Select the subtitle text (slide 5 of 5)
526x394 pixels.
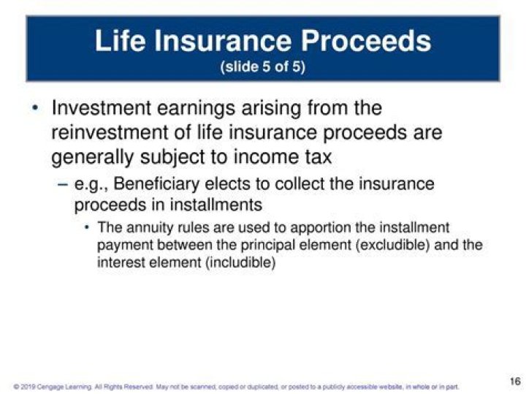262,67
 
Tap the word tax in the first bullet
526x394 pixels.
318,157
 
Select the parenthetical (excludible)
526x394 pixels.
392,245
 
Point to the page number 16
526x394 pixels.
515,382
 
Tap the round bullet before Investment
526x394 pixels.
34,109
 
